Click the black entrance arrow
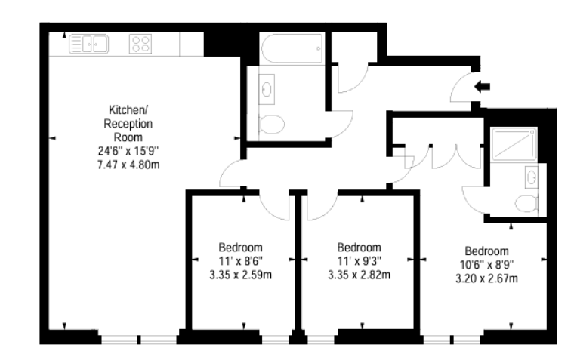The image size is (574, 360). point(482,87)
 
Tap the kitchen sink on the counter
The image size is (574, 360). point(88,44)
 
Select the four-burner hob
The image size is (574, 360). point(140,44)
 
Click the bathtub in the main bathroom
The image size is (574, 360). point(292,48)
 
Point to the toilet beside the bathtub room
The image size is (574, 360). point(272,125)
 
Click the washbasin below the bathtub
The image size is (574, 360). point(267,89)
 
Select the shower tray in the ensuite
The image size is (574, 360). point(514,144)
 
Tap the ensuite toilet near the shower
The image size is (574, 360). point(526,204)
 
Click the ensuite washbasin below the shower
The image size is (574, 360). point(531,177)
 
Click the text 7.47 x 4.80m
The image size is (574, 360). point(128,165)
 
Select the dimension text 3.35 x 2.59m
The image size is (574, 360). point(240,275)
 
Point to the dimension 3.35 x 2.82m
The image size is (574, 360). point(359,275)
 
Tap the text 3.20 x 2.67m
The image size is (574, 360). point(487,278)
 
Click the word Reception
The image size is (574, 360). point(128,124)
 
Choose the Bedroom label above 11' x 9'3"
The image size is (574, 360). point(359,248)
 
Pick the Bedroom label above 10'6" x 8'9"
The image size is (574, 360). point(487,251)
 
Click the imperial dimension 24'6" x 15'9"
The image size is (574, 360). point(128,151)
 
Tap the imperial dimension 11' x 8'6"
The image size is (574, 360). point(240,261)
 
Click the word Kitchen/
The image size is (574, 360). point(128,109)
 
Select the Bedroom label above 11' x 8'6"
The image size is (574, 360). point(240,248)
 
